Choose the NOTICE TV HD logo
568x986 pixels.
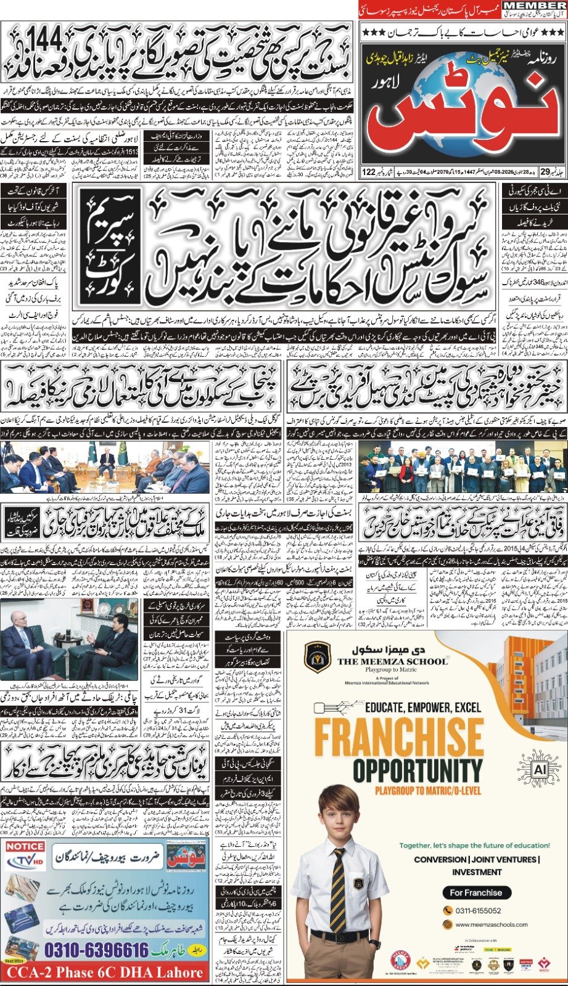click(25, 854)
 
